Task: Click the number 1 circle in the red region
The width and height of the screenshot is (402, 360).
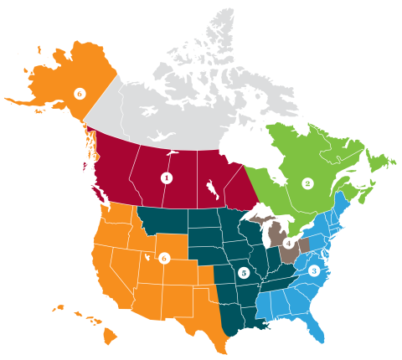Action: tap(166, 177)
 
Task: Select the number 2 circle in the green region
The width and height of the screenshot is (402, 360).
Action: tap(307, 183)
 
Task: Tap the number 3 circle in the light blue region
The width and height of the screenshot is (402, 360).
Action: tap(313, 270)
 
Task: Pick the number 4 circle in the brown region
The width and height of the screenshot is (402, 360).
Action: tap(289, 244)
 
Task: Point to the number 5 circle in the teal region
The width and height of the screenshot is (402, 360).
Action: tap(243, 272)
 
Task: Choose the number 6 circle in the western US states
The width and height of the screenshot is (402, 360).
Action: tap(164, 259)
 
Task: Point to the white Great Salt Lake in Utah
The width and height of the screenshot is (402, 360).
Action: tap(149, 257)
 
